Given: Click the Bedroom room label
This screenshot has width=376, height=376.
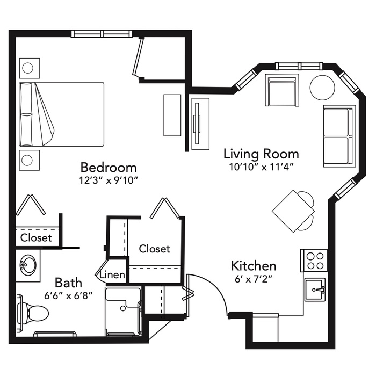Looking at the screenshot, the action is point(109,168).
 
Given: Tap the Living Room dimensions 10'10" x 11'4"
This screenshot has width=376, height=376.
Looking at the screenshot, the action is point(262,167).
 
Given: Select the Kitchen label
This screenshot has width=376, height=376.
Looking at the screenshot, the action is point(254,266).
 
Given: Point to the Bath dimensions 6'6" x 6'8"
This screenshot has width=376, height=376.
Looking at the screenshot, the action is point(69,295).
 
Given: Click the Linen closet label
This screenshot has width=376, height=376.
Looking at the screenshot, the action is point(112,275).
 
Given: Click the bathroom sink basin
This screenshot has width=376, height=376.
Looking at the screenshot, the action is point(28,265).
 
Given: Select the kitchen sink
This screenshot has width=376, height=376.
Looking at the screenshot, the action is point(315,290).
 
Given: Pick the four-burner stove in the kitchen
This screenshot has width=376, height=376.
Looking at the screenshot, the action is point(314,261).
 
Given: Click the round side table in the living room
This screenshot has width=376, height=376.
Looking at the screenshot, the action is point(322,88).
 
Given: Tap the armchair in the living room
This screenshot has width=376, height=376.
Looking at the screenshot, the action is point(282,90).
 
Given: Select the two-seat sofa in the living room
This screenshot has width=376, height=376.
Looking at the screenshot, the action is point(338,136).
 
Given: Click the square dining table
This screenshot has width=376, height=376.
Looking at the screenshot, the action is point(293,211).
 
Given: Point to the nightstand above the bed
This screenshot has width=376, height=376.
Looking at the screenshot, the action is point(30,68).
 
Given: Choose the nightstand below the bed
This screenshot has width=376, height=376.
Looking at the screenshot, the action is point(30,160).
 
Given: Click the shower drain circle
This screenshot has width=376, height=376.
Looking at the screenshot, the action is point(123,308).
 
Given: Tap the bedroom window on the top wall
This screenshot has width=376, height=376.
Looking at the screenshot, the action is point(102,33).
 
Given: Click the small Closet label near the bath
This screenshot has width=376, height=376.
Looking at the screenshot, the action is point(36,238).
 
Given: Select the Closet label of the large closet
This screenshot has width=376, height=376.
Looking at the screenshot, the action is point(155,249).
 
